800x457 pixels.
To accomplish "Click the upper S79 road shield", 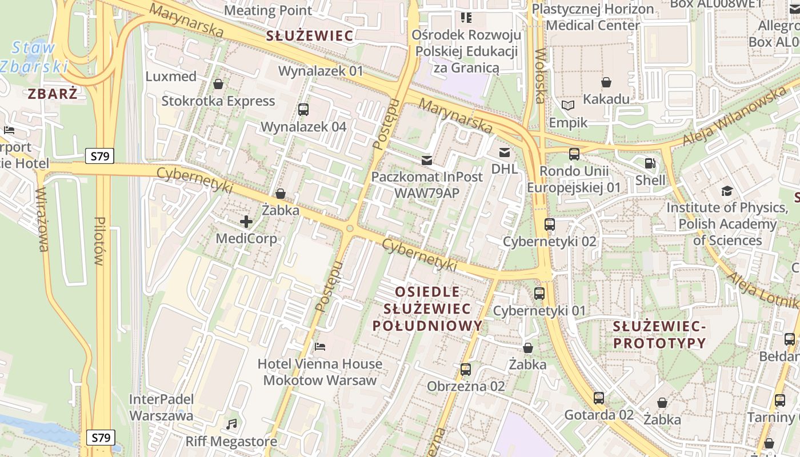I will click(100, 156).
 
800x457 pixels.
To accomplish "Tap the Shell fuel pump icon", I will click(650, 163).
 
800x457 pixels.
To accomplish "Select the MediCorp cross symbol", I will click(246, 222).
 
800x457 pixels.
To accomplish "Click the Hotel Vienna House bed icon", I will click(320, 347).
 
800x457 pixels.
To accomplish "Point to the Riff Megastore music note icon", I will click(231, 424).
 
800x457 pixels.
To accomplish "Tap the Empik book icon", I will click(567, 106).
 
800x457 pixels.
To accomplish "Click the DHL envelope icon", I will click(505, 152).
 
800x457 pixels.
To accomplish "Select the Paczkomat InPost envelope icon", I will click(427, 160).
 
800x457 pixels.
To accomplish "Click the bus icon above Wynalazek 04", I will click(303, 109).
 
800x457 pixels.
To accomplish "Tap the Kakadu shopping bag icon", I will click(606, 82).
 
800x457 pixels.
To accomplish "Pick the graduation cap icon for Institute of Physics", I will click(727, 191).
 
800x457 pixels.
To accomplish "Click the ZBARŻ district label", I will click(53, 94).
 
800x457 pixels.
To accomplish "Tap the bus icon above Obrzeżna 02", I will click(466, 370).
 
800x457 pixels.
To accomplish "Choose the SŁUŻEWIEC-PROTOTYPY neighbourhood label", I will click(659, 335).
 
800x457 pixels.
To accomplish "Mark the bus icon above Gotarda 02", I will click(599, 398).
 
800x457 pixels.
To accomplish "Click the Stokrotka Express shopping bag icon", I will click(218, 85).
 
